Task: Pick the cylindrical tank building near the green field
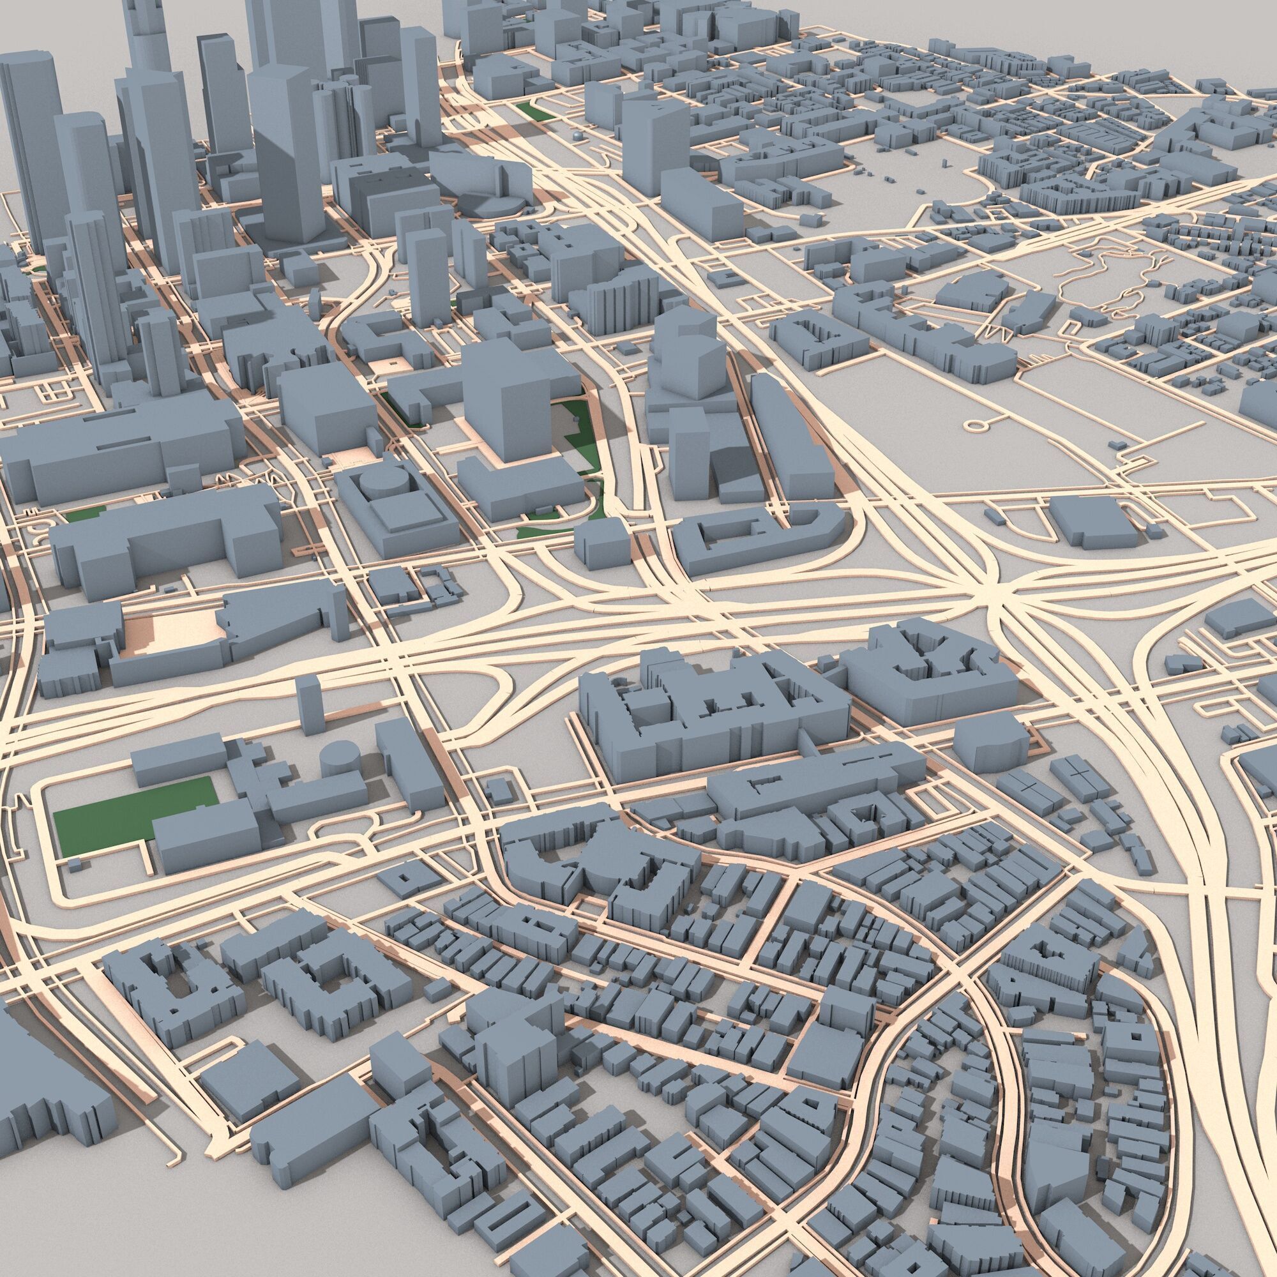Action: [x=341, y=758]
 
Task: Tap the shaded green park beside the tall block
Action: [x=578, y=436]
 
